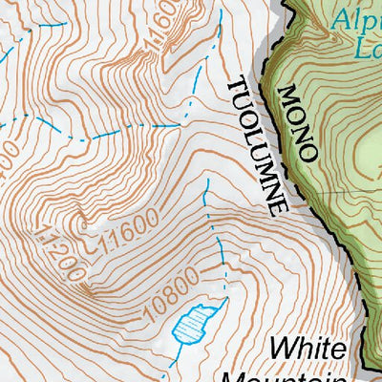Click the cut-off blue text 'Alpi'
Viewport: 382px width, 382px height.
point(356,16)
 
